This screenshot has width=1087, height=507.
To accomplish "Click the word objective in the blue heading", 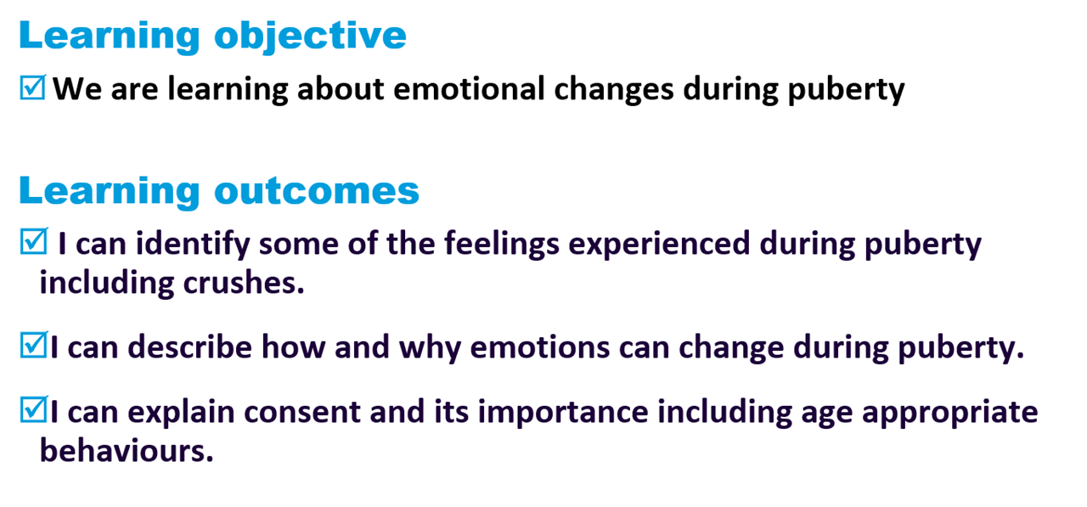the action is point(310,36).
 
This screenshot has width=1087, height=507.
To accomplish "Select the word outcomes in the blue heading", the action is point(317,190).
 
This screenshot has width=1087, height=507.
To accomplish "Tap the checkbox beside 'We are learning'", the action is point(32,87).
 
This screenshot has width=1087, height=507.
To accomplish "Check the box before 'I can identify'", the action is point(33,241).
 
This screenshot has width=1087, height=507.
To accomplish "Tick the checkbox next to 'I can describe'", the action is point(33,345).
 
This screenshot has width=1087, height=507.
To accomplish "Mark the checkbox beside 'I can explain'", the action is point(33,409).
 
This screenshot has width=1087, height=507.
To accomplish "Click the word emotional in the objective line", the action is point(469,89).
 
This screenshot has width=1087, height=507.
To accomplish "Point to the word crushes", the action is point(244,282).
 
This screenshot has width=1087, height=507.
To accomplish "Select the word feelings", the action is point(502,244).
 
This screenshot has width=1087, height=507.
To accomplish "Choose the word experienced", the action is point(659,244).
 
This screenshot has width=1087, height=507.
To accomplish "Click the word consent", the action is point(301,412).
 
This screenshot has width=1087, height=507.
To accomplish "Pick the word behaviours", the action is point(127,451).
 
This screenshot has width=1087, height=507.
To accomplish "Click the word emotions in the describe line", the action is point(539,347).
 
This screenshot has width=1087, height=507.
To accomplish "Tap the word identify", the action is point(193,244).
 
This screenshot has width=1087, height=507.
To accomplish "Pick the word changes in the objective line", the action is point(614,90).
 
